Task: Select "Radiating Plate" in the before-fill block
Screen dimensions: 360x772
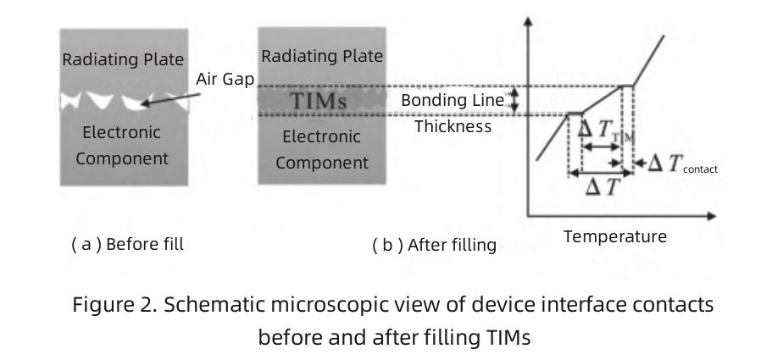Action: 123,59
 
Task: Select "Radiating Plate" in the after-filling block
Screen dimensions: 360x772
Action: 322,57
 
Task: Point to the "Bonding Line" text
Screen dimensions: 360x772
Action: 453,101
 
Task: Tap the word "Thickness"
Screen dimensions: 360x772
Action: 453,126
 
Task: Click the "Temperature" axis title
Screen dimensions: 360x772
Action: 615,236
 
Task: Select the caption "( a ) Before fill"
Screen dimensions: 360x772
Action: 127,244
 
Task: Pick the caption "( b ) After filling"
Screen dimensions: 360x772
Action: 434,245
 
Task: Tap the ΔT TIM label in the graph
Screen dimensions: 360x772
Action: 605,130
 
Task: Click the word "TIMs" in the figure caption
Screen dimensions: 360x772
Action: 508,336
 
